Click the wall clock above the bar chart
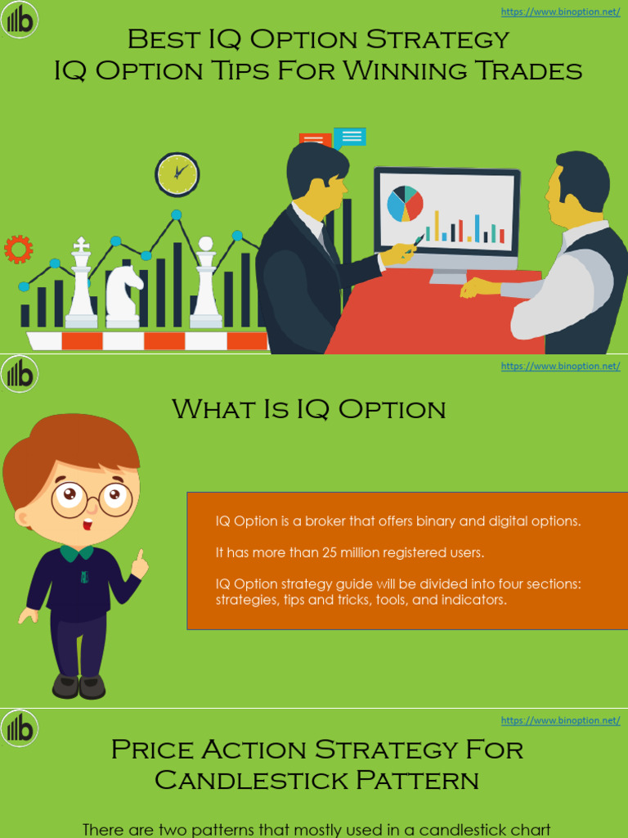point(177,174)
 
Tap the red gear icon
point(18,249)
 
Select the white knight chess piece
point(123,292)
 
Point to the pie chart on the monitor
point(405,204)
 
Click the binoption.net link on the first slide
point(560,12)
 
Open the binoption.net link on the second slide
point(560,366)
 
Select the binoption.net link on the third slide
point(560,720)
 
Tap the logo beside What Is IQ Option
point(19,375)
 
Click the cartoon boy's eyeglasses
point(91,498)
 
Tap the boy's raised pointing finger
point(140,557)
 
